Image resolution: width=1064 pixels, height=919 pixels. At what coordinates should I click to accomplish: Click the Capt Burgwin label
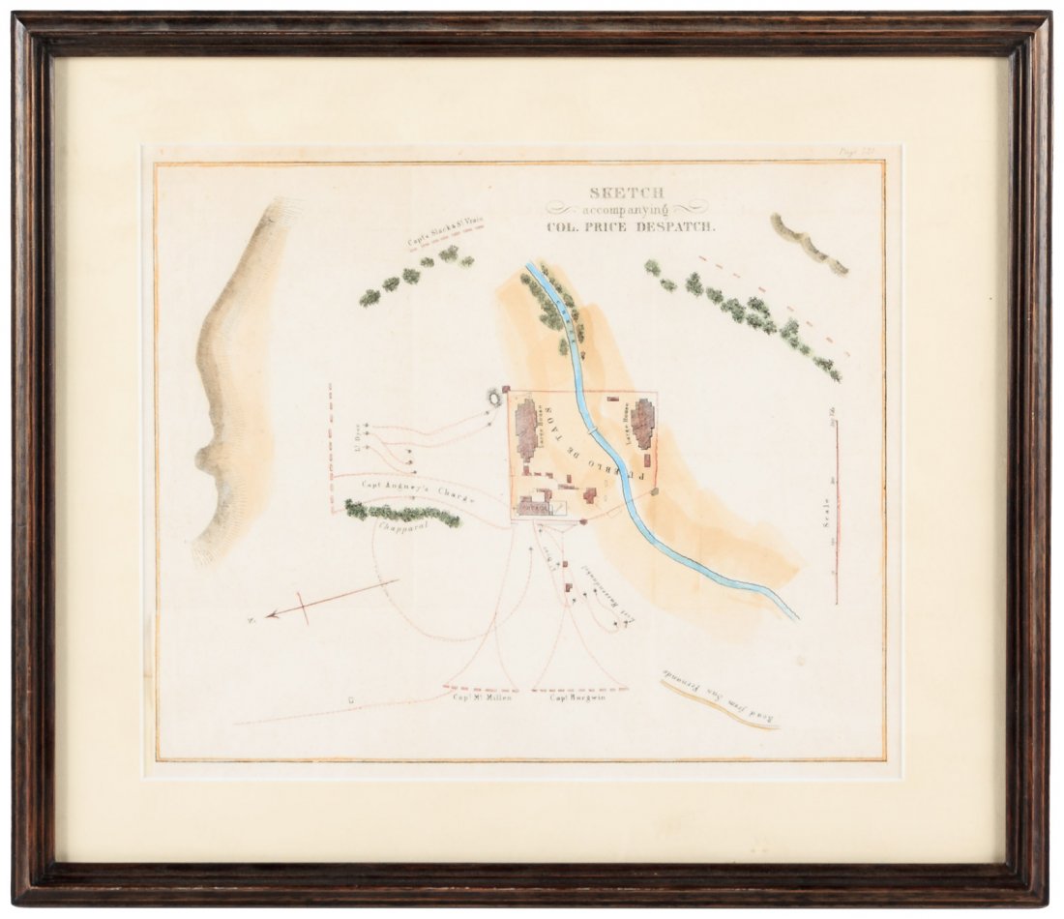pyautogui.click(x=577, y=697)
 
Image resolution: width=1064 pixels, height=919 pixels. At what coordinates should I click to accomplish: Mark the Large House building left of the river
pyautogui.click(x=527, y=430)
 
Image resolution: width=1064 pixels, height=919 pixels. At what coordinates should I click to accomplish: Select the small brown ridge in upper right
pyautogui.click(x=810, y=245)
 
